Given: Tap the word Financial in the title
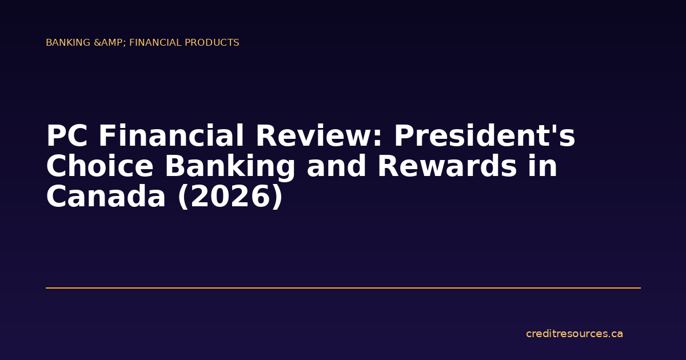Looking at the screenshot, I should pos(171,137).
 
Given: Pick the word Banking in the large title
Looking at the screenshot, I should pos(230,167).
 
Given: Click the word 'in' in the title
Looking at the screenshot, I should pos(544,167).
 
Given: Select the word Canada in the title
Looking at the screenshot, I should pos(107,197).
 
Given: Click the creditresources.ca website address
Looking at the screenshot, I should pos(575,334).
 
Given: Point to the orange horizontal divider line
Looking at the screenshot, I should pos(343,288).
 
